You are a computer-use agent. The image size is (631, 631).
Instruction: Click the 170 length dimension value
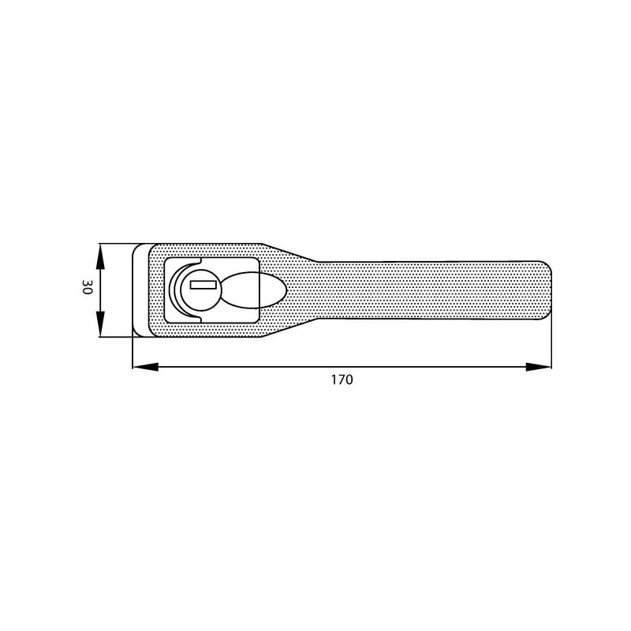tap(342, 379)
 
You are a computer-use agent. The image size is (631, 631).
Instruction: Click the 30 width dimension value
tap(87, 287)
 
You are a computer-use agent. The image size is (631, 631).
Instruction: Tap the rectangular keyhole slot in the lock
tap(203, 285)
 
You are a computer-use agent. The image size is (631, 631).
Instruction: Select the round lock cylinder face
tap(200, 290)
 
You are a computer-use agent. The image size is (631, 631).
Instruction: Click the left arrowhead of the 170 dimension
tap(145, 367)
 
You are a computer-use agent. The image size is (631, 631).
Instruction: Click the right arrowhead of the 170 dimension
tap(539, 367)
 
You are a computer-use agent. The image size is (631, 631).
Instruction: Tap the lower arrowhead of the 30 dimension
tap(100, 324)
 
